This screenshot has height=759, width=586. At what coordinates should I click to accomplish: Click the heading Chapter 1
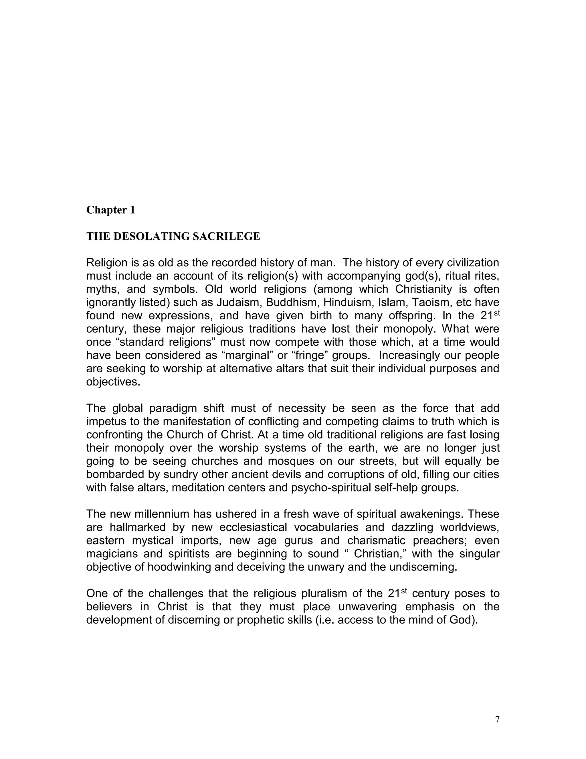click(x=110, y=210)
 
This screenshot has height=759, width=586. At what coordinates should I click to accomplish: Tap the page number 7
click(x=497, y=720)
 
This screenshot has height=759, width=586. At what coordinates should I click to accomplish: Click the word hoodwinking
click(x=179, y=567)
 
